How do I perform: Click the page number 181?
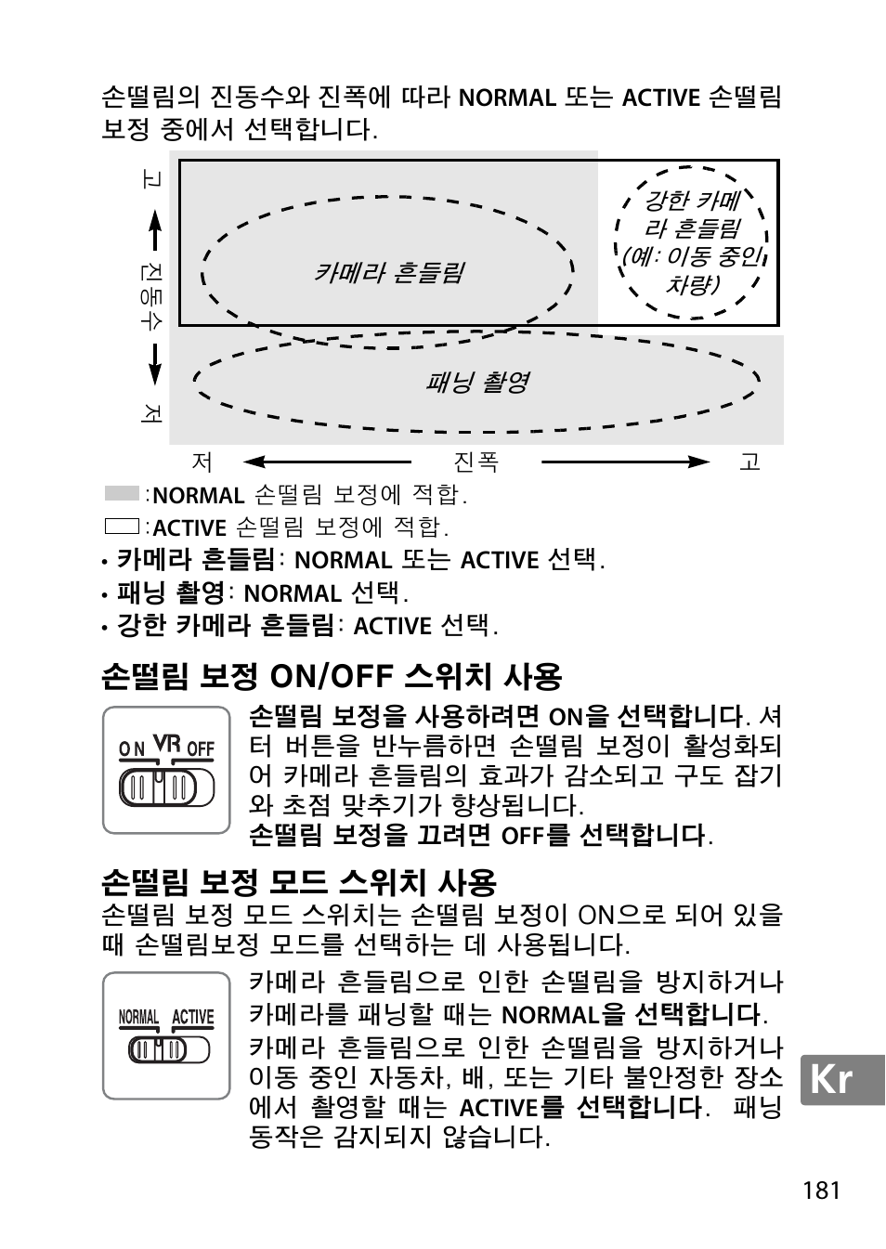coord(822,1190)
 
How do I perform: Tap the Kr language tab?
coord(831,1079)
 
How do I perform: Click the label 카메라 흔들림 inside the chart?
coord(388,272)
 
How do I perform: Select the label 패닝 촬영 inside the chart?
coord(476,382)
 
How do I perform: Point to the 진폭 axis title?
coord(476,462)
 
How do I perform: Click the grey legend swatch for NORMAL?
coord(122,494)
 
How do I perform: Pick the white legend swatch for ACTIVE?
coord(122,527)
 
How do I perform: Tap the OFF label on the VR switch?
coord(201,748)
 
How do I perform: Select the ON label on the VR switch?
coord(132,748)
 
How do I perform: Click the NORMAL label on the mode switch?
coord(138,1018)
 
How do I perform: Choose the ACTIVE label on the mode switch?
coord(192,1018)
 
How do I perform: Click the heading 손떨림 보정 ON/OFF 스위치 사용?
coord(332,675)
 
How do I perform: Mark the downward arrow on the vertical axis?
coord(154,365)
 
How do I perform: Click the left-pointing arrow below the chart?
coord(325,462)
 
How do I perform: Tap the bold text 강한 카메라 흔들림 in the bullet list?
coord(225,625)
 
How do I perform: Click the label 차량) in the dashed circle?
coord(692,284)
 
